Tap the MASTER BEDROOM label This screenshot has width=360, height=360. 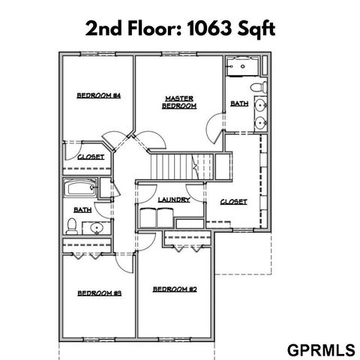(179, 102)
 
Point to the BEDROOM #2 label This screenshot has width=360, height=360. (174, 289)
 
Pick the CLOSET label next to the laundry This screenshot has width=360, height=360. (233, 202)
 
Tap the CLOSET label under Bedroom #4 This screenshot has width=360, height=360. (91, 157)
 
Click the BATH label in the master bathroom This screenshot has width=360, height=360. (239, 103)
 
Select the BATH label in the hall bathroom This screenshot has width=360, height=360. (82, 210)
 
